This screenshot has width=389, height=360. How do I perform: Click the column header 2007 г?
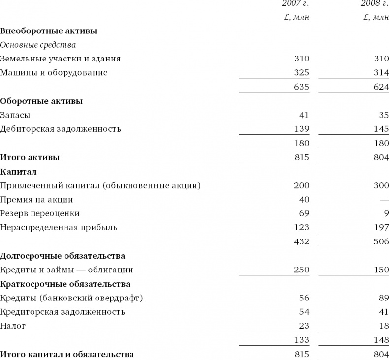(x=295, y=4)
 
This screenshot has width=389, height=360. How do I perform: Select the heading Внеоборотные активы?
(x=48, y=31)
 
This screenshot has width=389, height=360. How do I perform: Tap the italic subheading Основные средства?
(x=38, y=45)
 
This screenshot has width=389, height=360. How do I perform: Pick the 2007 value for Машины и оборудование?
(x=302, y=73)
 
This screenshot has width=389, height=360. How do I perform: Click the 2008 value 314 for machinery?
(x=381, y=73)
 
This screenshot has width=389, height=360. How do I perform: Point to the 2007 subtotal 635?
(x=302, y=87)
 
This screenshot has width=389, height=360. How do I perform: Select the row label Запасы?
(x=15, y=115)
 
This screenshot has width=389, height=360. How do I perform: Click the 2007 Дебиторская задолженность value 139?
(x=302, y=129)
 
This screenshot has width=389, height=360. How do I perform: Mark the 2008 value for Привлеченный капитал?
(x=381, y=185)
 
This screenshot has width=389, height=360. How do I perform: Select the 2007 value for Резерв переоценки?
(x=304, y=213)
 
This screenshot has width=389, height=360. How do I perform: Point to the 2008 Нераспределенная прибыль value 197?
(x=381, y=227)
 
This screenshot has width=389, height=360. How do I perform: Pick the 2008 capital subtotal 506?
(x=381, y=241)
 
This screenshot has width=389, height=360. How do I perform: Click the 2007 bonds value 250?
(x=302, y=270)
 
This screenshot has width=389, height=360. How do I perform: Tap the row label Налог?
(x=13, y=326)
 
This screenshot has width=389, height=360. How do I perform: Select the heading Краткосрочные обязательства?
(x=65, y=284)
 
